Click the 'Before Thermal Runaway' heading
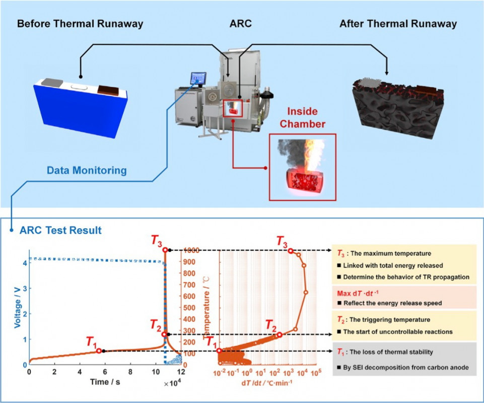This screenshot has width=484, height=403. point(80,24)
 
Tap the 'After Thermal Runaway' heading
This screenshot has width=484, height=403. point(398,24)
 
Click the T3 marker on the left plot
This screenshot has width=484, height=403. point(165,250)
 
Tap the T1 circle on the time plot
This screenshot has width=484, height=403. point(99,351)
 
